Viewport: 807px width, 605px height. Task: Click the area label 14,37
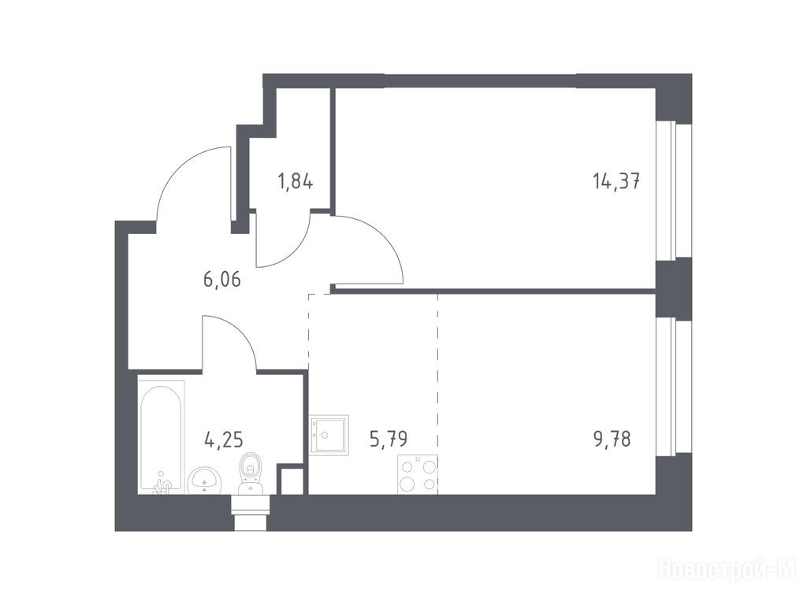point(616,181)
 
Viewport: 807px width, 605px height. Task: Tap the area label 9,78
point(612,440)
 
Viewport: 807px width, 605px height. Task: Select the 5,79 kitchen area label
point(389,439)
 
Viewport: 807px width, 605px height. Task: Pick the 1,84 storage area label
point(295,182)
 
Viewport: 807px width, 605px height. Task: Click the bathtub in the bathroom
point(162,436)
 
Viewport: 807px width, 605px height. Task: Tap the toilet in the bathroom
point(251,473)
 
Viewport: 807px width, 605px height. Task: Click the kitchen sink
point(329,435)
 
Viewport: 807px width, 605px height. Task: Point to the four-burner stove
point(418,475)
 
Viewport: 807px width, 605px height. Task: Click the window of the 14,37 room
point(667,190)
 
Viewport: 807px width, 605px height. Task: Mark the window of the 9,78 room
point(667,386)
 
